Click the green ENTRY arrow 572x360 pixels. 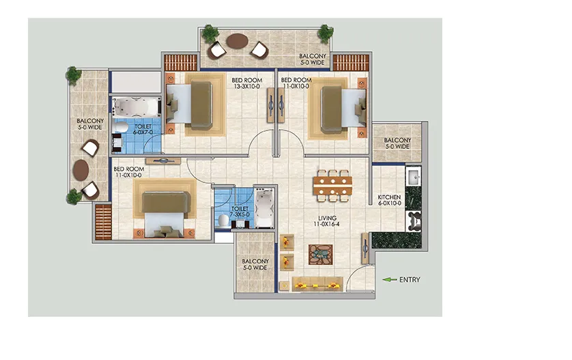pyautogui.click(x=389, y=279)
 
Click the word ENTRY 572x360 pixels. pyautogui.click(x=410, y=279)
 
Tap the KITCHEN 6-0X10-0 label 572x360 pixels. pyautogui.click(x=389, y=200)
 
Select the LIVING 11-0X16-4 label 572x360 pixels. pyautogui.click(x=327, y=221)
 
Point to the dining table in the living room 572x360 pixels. pyautogui.click(x=332, y=186)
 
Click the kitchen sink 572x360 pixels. pyautogui.click(x=414, y=177)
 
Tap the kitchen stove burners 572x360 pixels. pyautogui.click(x=414, y=221)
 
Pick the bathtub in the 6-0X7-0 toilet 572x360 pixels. pyautogui.click(x=137, y=107)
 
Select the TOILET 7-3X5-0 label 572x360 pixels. pyautogui.click(x=240, y=211)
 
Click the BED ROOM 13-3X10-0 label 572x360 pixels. pyautogui.click(x=247, y=83)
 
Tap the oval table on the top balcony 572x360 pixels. pyautogui.click(x=238, y=41)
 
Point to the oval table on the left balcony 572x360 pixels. pyautogui.click(x=81, y=170)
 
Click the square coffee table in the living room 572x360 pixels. pyautogui.click(x=321, y=255)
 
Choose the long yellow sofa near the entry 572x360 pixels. pyautogui.click(x=317, y=284)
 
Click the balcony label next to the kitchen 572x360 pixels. pyautogui.click(x=397, y=143)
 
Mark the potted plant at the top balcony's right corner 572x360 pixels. pyautogui.click(x=325, y=33)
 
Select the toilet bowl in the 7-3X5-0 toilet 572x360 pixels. pyautogui.click(x=223, y=221)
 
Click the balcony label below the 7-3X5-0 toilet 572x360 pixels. pyautogui.click(x=255, y=264)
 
